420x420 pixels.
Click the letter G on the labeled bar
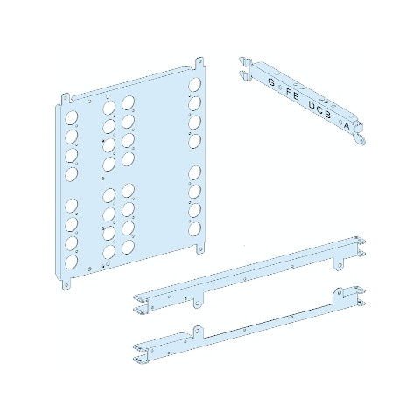271,82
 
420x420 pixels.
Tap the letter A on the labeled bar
346,126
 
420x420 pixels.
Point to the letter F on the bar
289,92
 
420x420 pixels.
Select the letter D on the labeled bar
312,106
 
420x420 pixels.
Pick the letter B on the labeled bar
327,115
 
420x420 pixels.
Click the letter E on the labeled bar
296,96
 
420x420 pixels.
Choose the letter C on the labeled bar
320,110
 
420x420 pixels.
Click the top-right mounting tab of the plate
199,64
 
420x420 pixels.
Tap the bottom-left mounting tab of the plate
66,283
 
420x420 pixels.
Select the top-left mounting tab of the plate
66,98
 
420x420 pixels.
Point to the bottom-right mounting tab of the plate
199,248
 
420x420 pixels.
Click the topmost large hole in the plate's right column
194,85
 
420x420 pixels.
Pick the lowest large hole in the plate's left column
71,262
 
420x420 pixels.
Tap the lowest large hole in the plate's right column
194,229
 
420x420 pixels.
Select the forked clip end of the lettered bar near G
246,68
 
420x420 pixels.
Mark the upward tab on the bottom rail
198,332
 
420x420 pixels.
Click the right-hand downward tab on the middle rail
339,264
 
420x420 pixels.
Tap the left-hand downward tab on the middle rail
198,302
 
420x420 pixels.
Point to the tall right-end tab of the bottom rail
339,293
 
